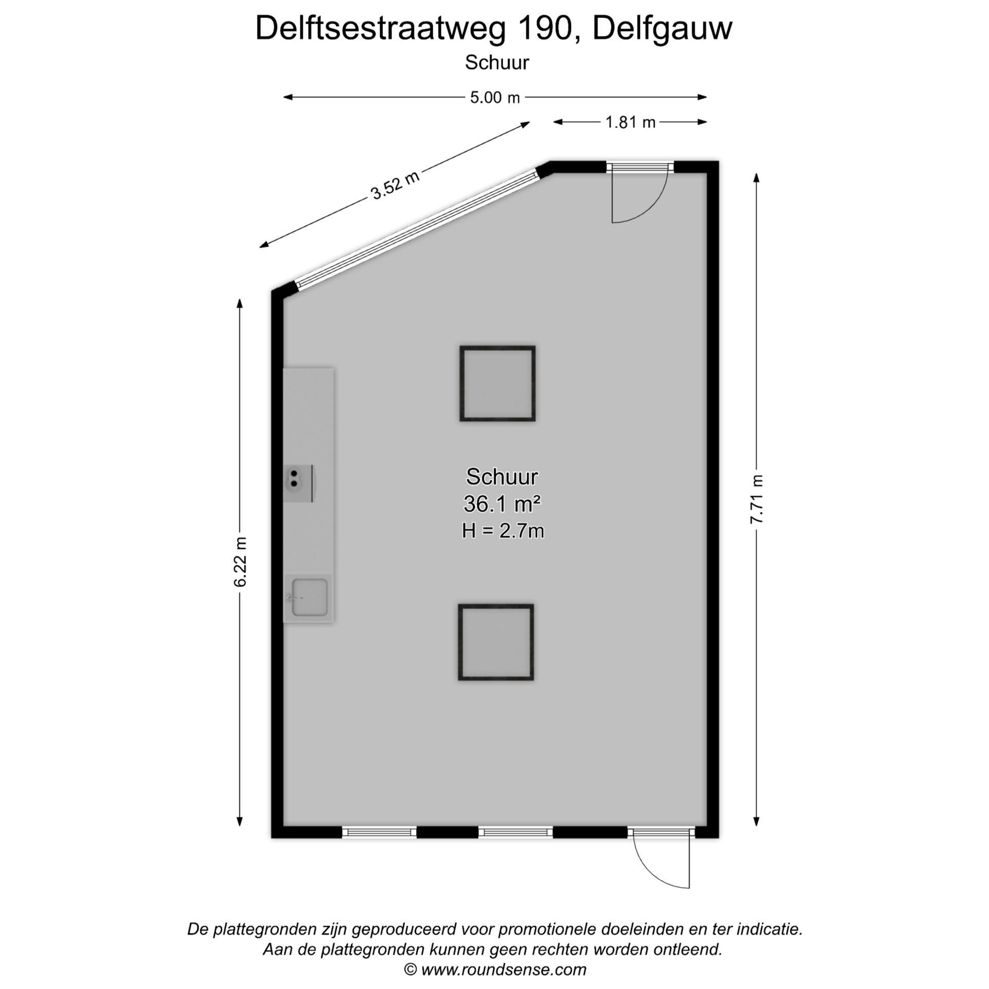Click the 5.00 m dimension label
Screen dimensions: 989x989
point(494,97)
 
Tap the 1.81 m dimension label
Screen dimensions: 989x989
point(630,122)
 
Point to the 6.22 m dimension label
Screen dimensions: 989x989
point(241,562)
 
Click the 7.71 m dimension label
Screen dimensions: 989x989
point(756,499)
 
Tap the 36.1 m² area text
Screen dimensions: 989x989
point(502,504)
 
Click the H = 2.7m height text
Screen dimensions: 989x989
point(503,531)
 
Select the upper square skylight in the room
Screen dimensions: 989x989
point(498,384)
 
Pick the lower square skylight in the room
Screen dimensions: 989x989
point(496,642)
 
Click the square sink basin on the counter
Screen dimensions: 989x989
point(310,598)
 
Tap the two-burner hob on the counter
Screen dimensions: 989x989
point(298,484)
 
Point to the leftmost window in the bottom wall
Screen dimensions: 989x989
point(379,832)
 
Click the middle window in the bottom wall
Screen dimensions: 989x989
point(516,832)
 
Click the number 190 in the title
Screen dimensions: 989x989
point(545,28)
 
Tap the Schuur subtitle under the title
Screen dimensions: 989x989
point(497,63)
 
